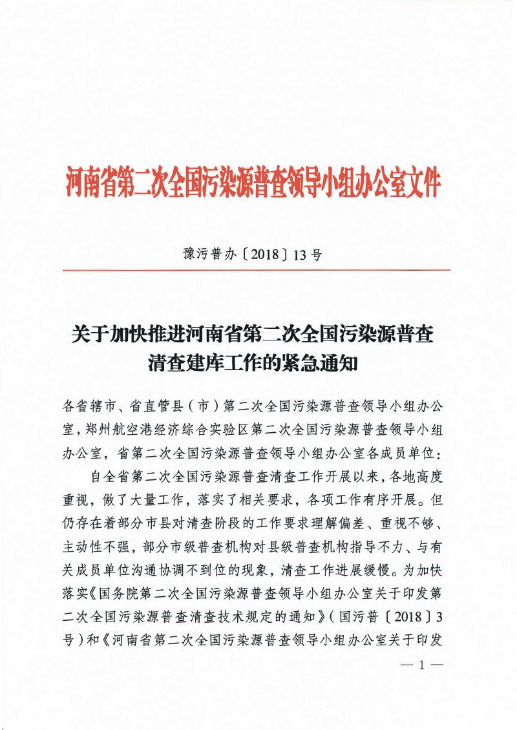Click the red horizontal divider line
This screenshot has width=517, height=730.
click(x=258, y=270)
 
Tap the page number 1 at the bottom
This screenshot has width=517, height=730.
click(x=420, y=665)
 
